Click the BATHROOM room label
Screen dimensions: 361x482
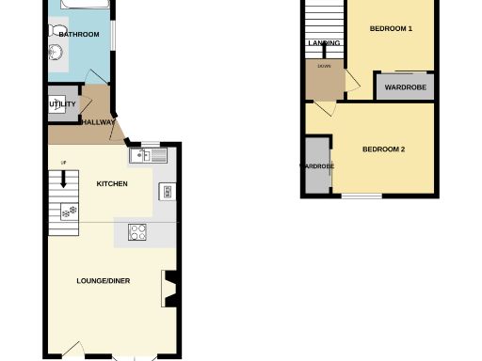pyautogui.click(x=79, y=35)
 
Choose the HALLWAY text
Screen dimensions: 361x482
pyautogui.click(x=98, y=122)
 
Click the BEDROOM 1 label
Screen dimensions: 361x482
pyautogui.click(x=391, y=29)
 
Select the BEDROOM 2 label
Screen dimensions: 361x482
pyautogui.click(x=383, y=149)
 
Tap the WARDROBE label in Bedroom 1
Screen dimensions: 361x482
pyautogui.click(x=406, y=87)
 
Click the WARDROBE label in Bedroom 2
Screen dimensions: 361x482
pyautogui.click(x=317, y=166)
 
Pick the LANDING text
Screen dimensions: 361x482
pyautogui.click(x=324, y=43)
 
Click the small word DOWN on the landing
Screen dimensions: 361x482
pyautogui.click(x=324, y=67)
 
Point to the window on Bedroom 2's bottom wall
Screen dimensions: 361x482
pyautogui.click(x=361, y=196)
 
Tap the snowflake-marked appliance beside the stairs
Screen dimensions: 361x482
pyautogui.click(x=67, y=213)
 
